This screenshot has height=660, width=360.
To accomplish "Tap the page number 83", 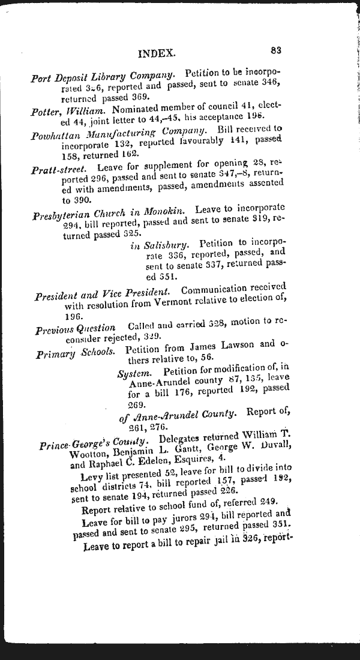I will coord(277,51).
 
